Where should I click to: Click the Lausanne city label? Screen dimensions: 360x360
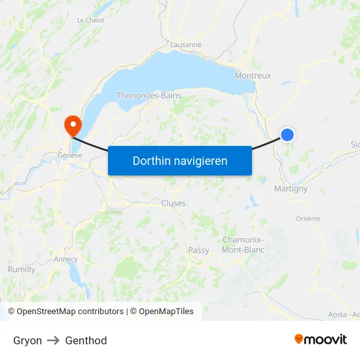click(x=185, y=45)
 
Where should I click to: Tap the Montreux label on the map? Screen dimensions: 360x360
click(x=253, y=75)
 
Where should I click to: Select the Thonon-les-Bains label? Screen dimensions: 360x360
click(x=149, y=96)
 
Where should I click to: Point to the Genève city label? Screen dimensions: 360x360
click(x=70, y=155)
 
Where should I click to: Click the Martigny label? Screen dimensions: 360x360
click(x=290, y=189)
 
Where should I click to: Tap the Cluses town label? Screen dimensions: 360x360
click(x=173, y=203)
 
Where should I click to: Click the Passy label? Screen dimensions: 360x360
click(x=198, y=250)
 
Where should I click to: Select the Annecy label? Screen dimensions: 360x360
click(x=65, y=259)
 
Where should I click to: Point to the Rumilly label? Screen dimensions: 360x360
click(x=22, y=269)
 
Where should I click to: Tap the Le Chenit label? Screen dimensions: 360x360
click(x=90, y=20)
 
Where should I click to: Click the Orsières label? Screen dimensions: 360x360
click(x=308, y=219)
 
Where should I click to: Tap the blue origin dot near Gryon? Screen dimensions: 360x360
click(x=287, y=135)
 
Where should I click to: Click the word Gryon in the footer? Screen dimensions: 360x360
click(x=27, y=340)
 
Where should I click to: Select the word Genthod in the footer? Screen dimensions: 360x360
click(x=86, y=340)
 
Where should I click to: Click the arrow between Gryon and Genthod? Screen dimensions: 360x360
click(x=54, y=340)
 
